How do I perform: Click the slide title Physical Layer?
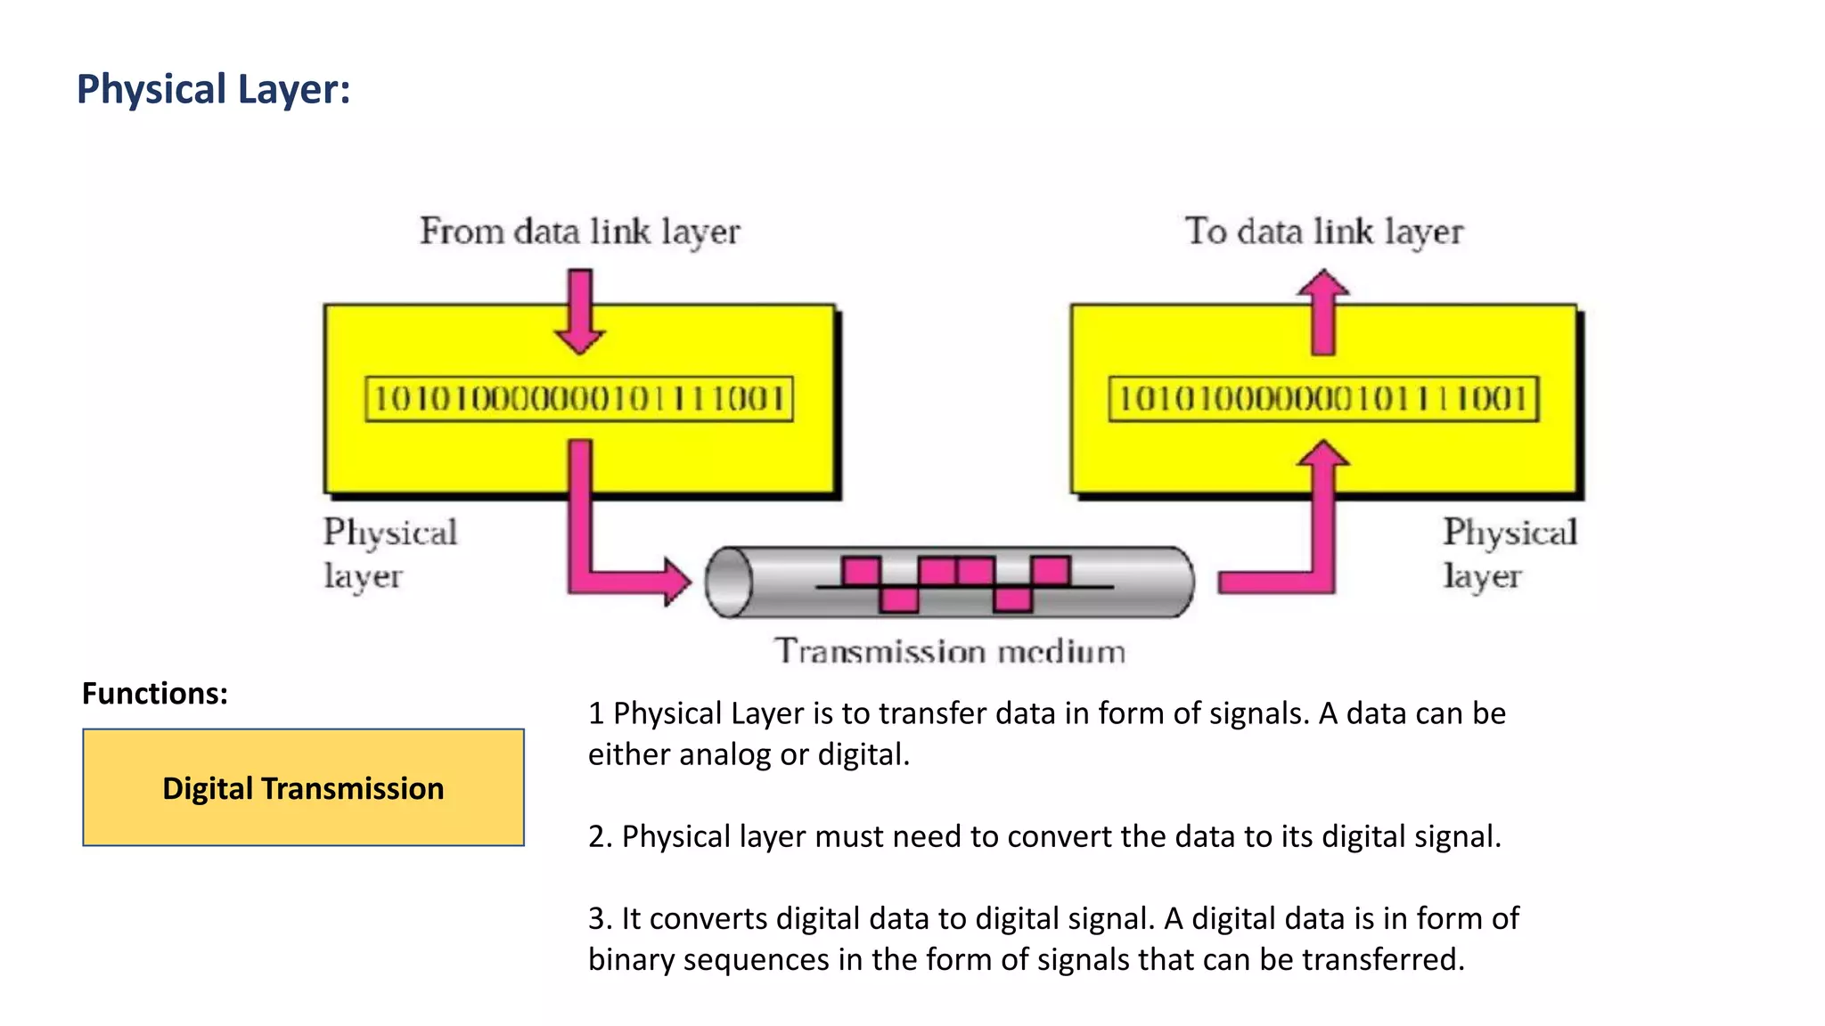214,90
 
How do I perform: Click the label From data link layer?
579,232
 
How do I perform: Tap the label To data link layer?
1323,232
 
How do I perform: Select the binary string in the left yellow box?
579,398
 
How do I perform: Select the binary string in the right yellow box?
1323,398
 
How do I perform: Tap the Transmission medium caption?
949,651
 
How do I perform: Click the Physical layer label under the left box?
389,553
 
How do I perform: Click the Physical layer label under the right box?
1509,553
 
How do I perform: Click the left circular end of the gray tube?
729,582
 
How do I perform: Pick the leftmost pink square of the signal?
861,571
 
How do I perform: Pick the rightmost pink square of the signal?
1051,570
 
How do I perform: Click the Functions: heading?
155,693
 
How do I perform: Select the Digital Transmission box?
303,787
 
